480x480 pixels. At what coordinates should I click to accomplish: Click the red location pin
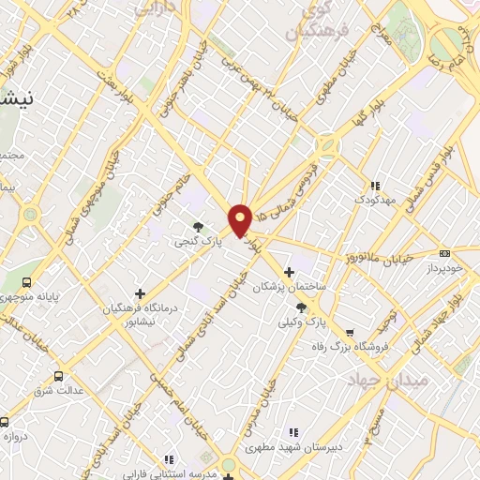pyautogui.click(x=241, y=219)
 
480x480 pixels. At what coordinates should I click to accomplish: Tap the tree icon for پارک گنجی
pyautogui.click(x=198, y=226)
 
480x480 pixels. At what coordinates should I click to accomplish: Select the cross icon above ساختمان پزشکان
pyautogui.click(x=289, y=272)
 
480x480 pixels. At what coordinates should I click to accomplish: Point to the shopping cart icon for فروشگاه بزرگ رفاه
pyautogui.click(x=350, y=332)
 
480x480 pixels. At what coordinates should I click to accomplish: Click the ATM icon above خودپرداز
pyautogui.click(x=444, y=252)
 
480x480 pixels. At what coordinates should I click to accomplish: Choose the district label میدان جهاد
pyautogui.click(x=387, y=379)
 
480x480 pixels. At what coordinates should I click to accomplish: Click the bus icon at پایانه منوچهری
pyautogui.click(x=27, y=281)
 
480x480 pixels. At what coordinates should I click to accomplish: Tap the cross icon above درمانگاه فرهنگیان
pyautogui.click(x=140, y=293)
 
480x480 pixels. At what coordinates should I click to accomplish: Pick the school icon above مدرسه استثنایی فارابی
pyautogui.click(x=169, y=459)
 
